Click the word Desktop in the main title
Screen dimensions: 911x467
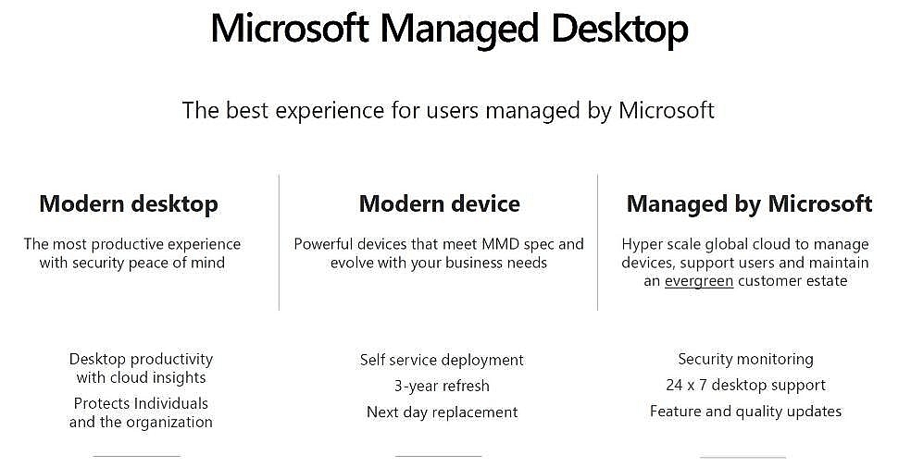tap(619, 29)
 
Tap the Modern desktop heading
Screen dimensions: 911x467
tap(129, 204)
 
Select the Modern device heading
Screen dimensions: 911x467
tap(439, 203)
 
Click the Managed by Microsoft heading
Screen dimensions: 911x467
tap(749, 204)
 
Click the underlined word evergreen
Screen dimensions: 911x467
tap(698, 281)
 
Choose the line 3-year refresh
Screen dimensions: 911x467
tap(442, 386)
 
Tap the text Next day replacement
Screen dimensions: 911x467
tap(442, 412)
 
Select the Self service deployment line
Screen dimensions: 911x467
tap(442, 361)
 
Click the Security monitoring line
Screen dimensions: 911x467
tap(745, 359)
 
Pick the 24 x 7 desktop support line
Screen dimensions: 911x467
tap(745, 386)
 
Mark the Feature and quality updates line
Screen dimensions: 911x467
tap(745, 412)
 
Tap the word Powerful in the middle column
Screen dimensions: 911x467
tap(323, 244)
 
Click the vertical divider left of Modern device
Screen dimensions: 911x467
tap(280, 242)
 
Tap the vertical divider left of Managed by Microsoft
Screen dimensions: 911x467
tap(598, 242)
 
